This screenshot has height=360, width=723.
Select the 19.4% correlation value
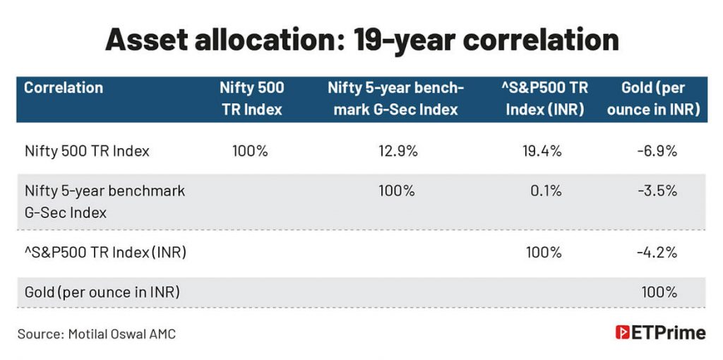pos(543,151)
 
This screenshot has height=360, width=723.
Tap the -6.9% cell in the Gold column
pos(658,151)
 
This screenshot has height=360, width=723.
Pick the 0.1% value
pos(547,191)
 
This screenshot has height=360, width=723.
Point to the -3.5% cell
pos(658,191)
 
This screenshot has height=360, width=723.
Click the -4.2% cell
pos(658,252)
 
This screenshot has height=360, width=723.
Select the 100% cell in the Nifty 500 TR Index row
pos(250,151)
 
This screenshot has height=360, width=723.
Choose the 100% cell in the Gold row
pos(659,292)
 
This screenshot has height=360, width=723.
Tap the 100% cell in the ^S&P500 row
pos(544,252)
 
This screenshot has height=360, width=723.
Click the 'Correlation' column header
pos(64,88)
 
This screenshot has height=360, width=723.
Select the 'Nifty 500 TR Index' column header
pos(251,99)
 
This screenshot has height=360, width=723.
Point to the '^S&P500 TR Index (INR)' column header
pos(546,99)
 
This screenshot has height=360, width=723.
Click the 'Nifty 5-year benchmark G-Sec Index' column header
pos(396,99)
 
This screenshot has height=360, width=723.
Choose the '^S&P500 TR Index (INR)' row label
pos(105,252)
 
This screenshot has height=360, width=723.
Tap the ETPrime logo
pos(660,333)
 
